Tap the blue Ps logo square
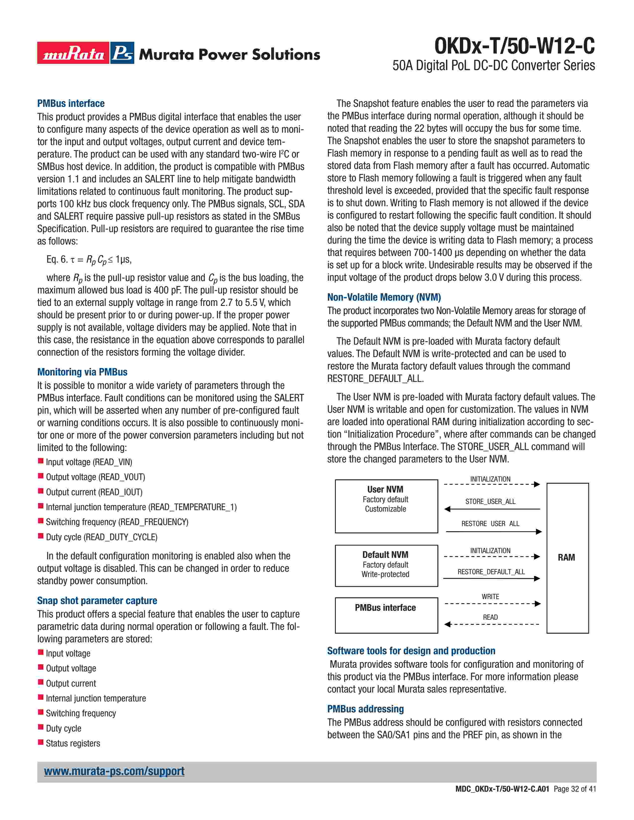[122, 53]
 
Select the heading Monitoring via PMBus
[82, 372]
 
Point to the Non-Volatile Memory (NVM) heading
[384, 297]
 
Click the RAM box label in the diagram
[566, 558]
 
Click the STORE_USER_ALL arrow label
[490, 502]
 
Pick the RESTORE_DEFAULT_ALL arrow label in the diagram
[491, 572]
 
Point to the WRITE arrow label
[490, 597]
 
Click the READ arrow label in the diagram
[490, 617]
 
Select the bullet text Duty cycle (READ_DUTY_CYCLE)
[101, 537]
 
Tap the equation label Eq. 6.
[57, 259]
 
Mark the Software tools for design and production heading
[411, 651]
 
